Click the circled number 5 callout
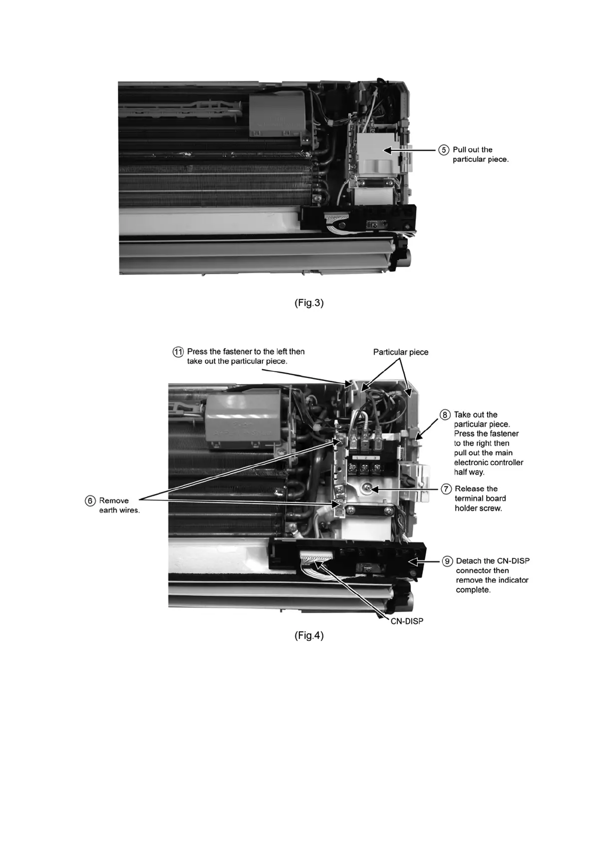point(444,150)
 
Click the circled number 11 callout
point(178,352)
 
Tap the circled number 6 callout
point(90,501)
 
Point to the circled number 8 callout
point(445,415)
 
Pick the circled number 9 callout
point(447,561)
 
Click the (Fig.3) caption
point(309,303)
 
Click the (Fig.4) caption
point(309,636)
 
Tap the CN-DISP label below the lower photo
point(406,621)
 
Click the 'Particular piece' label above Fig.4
point(400,352)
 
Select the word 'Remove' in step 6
point(114,501)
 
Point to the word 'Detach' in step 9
point(469,561)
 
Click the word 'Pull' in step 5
point(459,150)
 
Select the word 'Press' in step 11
point(198,352)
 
